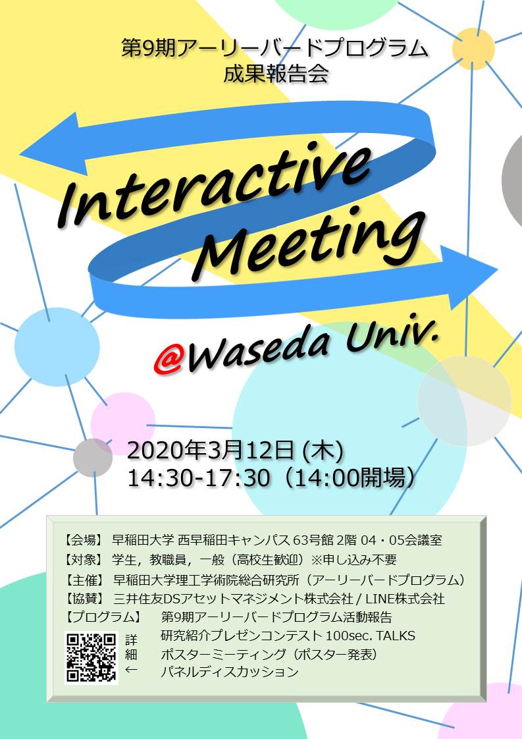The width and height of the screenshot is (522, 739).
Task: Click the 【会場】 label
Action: tap(84, 541)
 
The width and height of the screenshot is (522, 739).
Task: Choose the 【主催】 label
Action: tap(84, 580)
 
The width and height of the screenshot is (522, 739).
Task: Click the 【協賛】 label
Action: tap(84, 599)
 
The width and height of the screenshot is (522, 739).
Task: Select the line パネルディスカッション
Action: tap(230, 672)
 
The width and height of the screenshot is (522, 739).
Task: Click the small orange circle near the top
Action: tap(474, 49)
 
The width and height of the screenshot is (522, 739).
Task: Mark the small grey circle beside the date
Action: tap(93, 457)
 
